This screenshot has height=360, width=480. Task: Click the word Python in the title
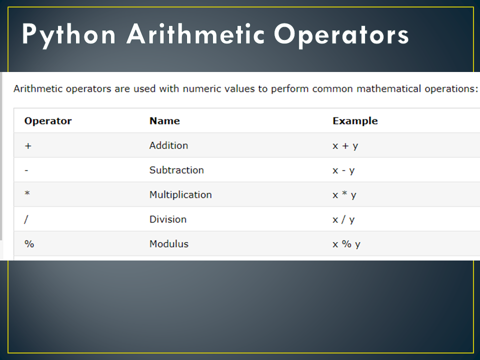pos(68,35)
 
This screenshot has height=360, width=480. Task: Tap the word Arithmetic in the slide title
pos(194,35)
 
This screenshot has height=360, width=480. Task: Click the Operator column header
pos(48,121)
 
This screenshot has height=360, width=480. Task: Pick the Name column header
pos(164,121)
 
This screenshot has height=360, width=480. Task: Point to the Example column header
pos(355,121)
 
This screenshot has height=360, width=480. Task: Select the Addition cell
pos(168,145)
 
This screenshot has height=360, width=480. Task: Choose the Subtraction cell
pos(176,170)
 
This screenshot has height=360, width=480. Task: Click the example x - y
pos(343,170)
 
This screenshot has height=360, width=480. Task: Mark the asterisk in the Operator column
pos(27,194)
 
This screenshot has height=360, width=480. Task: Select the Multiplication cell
pos(180,194)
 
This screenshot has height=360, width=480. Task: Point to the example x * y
pos(344,195)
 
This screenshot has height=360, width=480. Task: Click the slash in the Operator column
pos(26,219)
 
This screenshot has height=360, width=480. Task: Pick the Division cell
pos(168,219)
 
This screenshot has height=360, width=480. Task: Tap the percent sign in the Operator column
pos(29,244)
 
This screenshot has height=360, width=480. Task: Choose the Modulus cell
pos(169,244)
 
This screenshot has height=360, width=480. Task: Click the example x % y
pos(346,244)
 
